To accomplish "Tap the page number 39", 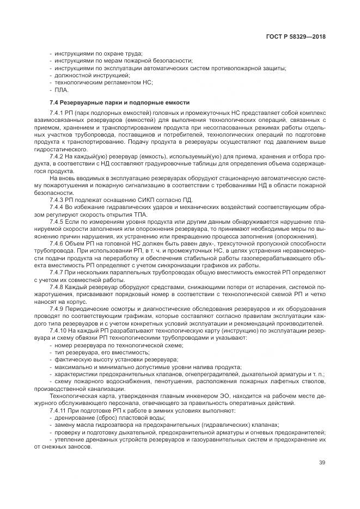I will (322, 463).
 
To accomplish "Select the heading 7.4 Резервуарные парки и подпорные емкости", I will (119, 102).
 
